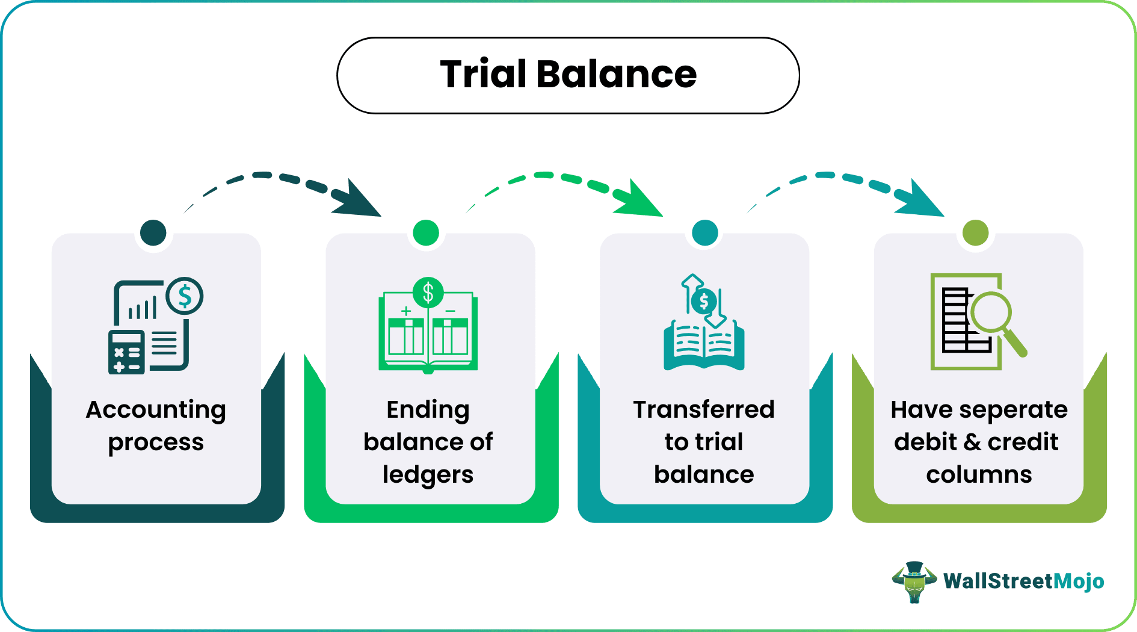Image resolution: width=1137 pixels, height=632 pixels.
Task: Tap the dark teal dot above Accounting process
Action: (x=153, y=232)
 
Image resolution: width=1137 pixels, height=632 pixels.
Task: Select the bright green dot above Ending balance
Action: (x=426, y=232)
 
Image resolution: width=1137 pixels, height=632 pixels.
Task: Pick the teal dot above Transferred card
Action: (x=705, y=232)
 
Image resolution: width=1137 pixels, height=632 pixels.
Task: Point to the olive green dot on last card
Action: (x=975, y=232)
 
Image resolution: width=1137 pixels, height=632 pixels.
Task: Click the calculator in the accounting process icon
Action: (x=126, y=352)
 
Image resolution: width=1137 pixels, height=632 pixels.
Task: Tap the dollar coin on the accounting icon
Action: (x=185, y=296)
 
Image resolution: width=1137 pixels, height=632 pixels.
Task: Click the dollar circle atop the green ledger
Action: (x=428, y=293)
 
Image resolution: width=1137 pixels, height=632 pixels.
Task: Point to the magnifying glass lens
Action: (x=990, y=312)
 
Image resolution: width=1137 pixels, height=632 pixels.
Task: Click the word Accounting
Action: (x=156, y=410)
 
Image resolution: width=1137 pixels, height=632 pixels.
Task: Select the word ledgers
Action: (x=428, y=475)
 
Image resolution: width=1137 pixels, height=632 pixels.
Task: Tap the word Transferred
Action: (x=703, y=410)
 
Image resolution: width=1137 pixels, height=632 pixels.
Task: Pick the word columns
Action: (x=979, y=475)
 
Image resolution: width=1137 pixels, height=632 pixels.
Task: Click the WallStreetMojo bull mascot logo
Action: (x=914, y=581)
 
